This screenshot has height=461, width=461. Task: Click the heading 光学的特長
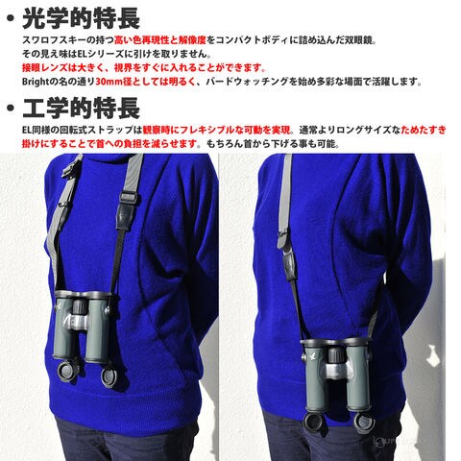click(x=81, y=18)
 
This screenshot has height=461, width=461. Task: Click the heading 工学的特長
click(x=81, y=108)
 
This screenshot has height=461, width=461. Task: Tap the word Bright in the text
click(x=36, y=82)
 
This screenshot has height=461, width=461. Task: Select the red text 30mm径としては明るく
click(x=146, y=82)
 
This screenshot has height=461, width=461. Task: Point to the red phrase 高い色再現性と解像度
click(x=160, y=40)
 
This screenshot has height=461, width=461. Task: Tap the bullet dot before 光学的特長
click(x=11, y=18)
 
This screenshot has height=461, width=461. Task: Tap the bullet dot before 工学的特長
click(x=11, y=108)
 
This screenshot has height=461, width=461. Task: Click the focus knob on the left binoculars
click(x=78, y=306)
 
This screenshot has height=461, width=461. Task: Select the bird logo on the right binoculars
click(x=312, y=355)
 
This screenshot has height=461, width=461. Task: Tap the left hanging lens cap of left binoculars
click(x=68, y=372)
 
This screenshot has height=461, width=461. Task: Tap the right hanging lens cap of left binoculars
click(x=109, y=377)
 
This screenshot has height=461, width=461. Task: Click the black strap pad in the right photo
click(x=289, y=262)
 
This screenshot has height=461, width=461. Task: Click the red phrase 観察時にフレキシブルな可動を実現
click(x=216, y=130)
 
